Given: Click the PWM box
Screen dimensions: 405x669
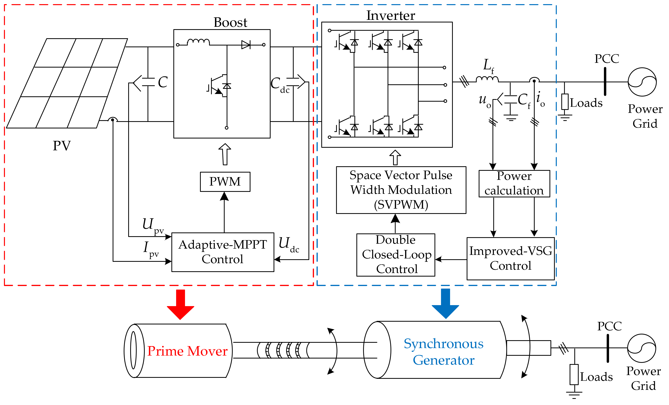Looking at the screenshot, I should [x=225, y=182].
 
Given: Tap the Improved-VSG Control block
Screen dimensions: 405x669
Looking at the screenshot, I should [x=510, y=258].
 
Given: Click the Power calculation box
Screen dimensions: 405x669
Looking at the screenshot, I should [x=514, y=184].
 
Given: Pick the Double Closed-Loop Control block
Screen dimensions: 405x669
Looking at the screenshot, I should [x=396, y=255].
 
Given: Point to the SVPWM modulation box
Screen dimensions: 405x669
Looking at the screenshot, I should [x=401, y=190].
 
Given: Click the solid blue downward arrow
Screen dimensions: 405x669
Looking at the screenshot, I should [x=445, y=303].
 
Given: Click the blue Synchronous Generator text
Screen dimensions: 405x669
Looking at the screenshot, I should [x=443, y=352].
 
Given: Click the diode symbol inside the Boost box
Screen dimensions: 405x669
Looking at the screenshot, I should [x=246, y=45].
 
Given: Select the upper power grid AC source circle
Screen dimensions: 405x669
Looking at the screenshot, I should [x=642, y=82].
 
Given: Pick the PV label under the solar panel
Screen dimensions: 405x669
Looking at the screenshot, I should [x=62, y=146].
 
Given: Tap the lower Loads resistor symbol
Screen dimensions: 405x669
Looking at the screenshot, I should [x=574, y=374].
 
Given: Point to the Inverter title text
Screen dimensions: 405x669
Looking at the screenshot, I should [x=391, y=15].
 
